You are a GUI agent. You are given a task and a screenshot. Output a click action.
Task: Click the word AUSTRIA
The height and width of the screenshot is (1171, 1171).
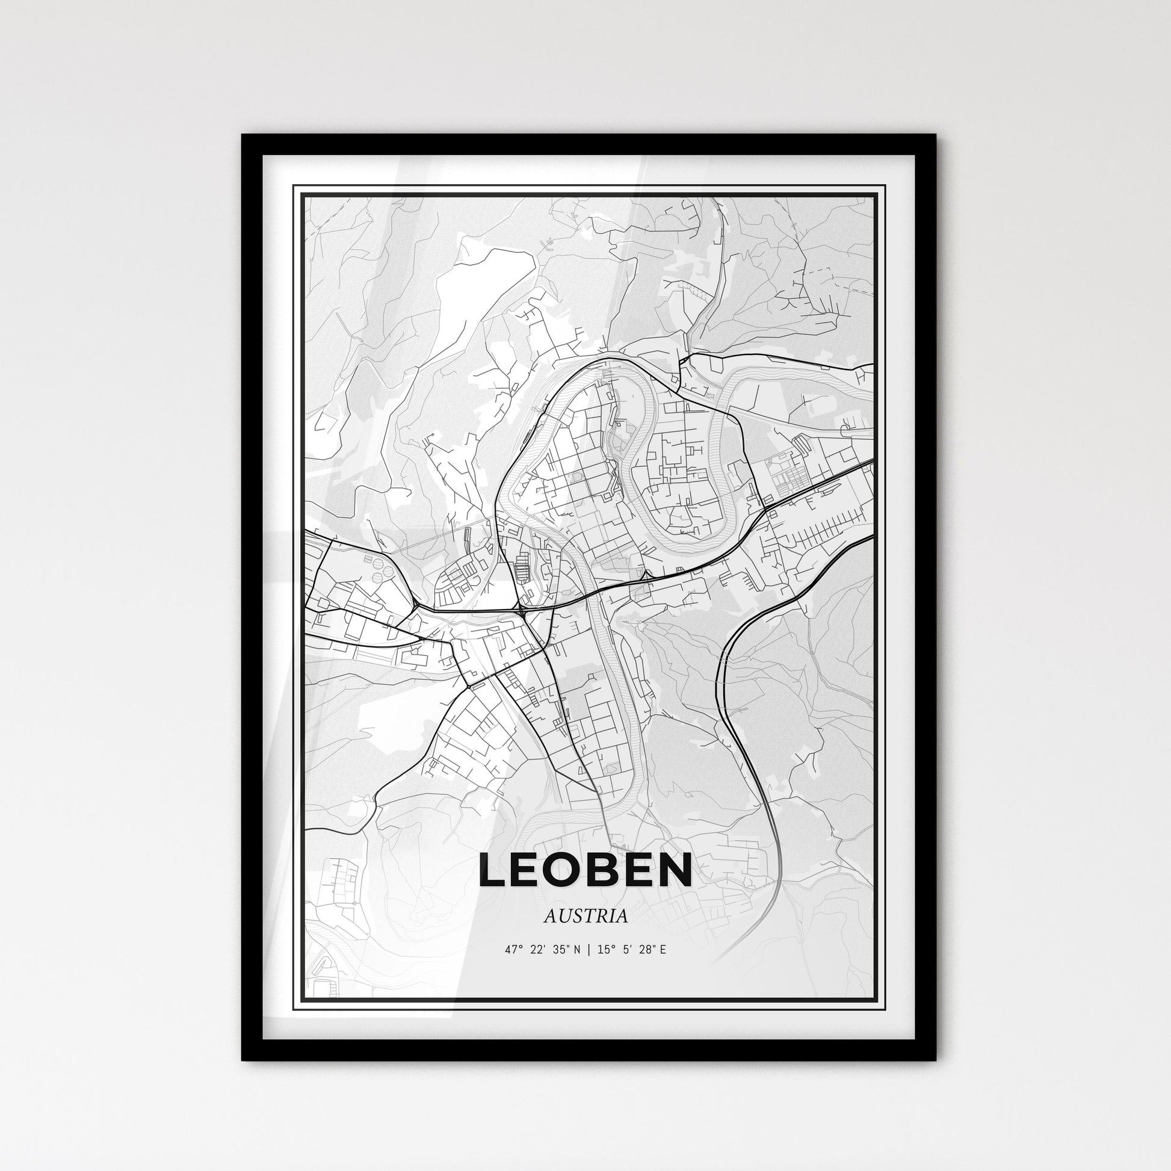(x=585, y=916)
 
